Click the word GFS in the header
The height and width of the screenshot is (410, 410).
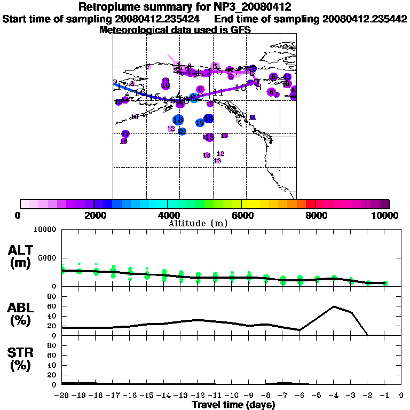240,30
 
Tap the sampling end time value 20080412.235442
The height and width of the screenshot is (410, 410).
365,19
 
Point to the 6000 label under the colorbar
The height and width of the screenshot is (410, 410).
242,215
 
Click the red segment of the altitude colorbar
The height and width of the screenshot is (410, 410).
310,204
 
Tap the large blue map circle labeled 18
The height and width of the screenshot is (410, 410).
178,120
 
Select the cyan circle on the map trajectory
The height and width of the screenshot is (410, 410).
194,98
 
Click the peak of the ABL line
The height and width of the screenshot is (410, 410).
334,306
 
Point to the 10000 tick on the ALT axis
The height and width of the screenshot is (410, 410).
46,230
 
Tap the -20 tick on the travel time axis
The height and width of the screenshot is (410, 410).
62,395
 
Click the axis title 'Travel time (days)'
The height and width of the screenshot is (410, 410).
233,405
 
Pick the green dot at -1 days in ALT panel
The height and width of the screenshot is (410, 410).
385,283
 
